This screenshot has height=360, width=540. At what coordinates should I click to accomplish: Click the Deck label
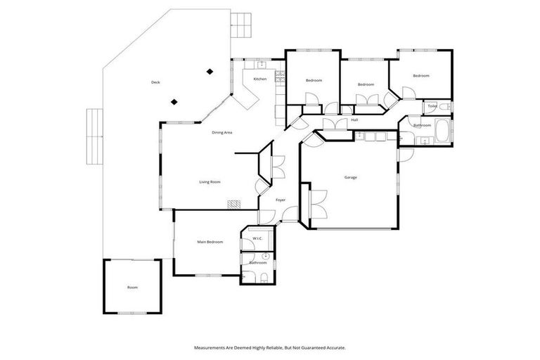(x=155, y=83)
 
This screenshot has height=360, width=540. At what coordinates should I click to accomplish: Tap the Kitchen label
(x=260, y=79)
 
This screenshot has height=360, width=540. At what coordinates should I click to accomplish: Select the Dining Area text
(x=222, y=132)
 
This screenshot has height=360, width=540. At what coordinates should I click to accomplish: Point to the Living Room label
(x=210, y=182)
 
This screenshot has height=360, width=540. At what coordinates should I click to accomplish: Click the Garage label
(x=350, y=177)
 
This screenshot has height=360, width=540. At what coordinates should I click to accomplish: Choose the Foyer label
(x=280, y=200)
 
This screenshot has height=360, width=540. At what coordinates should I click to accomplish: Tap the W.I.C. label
(x=257, y=238)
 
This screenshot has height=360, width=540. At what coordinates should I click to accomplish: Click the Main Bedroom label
(x=210, y=242)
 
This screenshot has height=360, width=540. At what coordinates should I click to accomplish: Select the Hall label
(x=354, y=120)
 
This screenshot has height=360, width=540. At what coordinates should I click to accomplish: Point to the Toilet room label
(x=432, y=106)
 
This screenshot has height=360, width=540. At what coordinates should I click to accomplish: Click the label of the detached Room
(x=132, y=288)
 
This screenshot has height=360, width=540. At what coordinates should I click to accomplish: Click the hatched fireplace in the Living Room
(x=233, y=205)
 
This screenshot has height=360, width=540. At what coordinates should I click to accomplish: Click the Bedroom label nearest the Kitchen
(x=314, y=81)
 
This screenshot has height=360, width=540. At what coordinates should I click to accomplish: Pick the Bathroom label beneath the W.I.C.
(x=258, y=262)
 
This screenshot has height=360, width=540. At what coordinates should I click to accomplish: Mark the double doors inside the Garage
(x=316, y=203)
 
